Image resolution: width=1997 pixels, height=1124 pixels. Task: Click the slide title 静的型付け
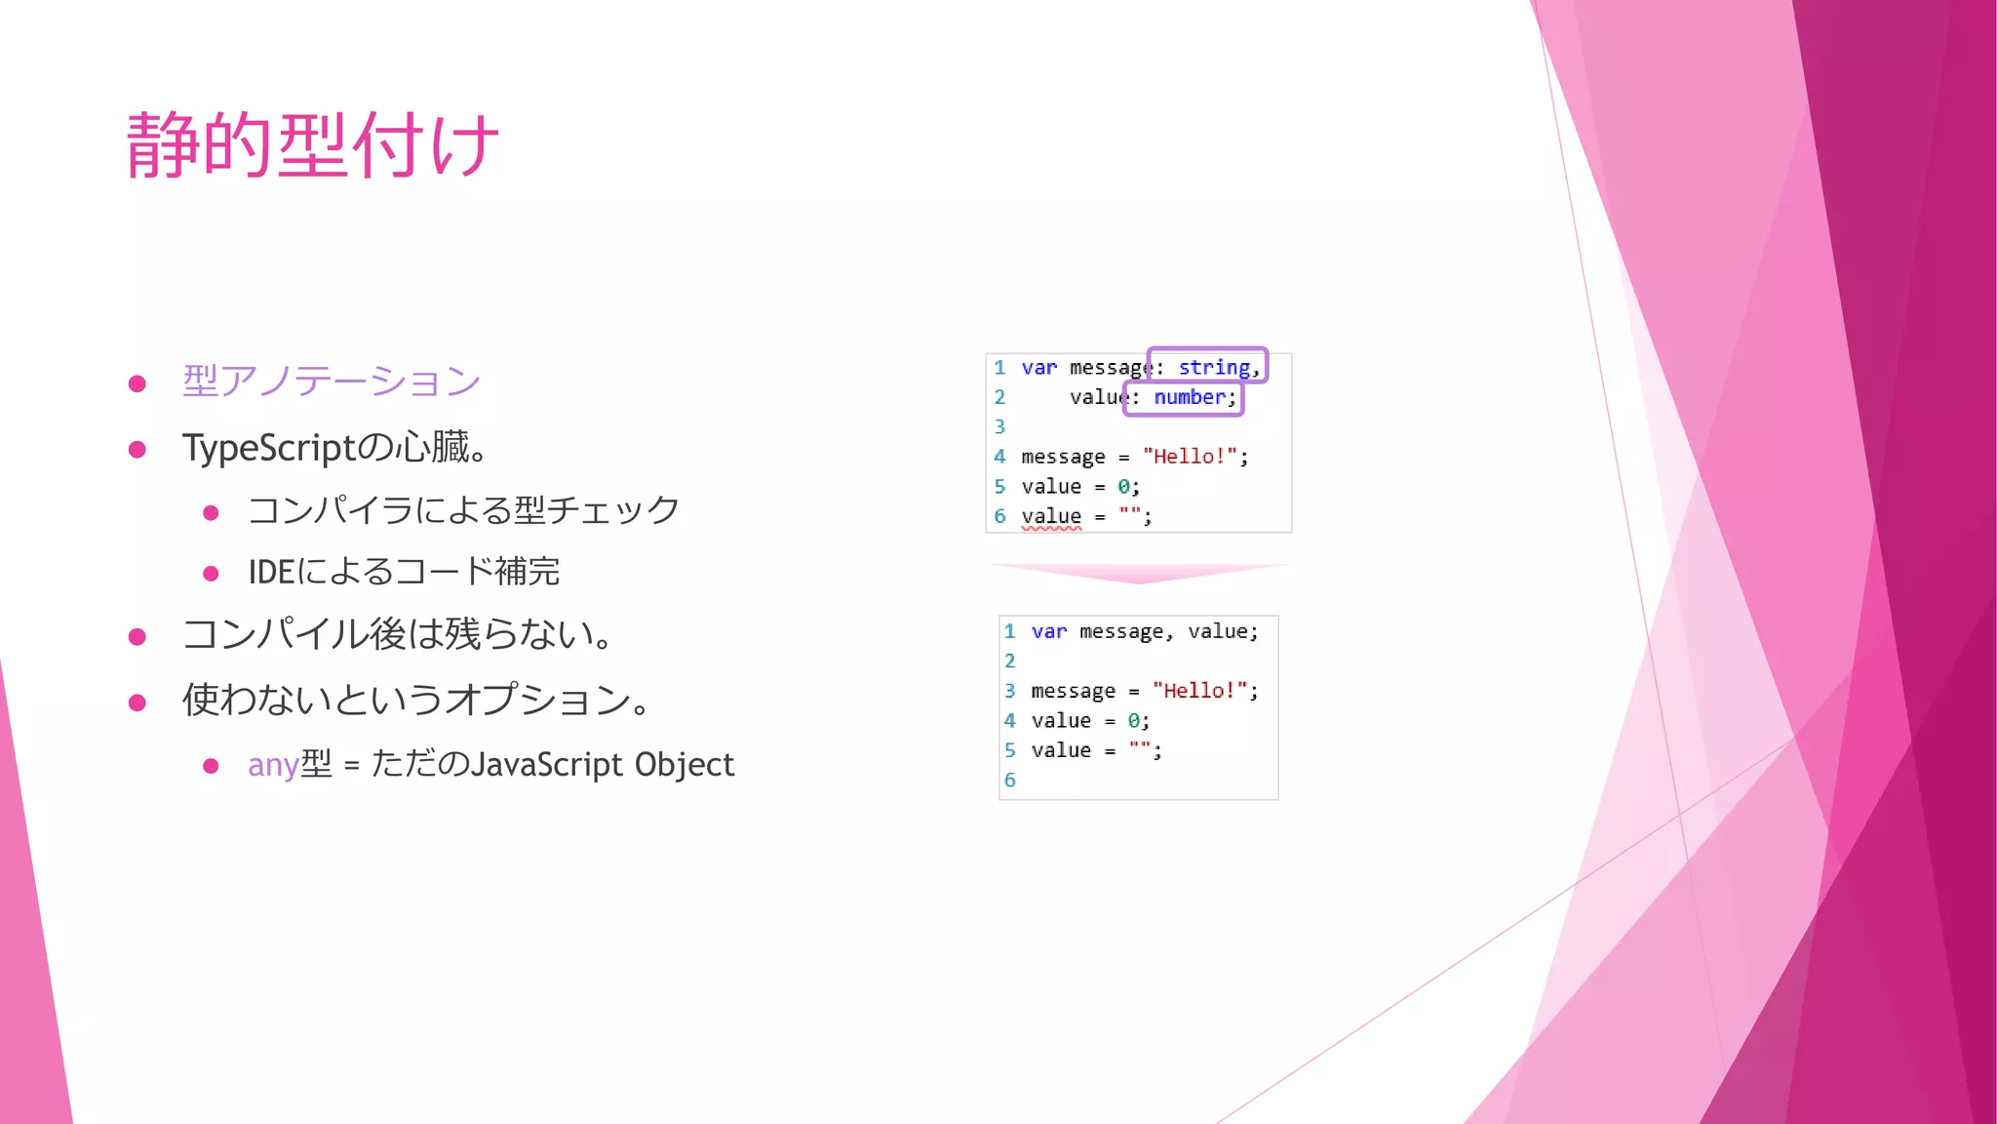[312, 145]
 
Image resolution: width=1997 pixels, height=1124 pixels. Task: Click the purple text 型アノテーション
[332, 381]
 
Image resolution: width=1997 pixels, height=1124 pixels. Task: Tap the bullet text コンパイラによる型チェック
[463, 510]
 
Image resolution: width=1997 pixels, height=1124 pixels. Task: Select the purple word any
[273, 764]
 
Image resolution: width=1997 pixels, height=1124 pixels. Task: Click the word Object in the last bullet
[684, 764]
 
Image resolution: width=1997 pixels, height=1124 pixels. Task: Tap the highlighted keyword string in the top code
[1214, 367]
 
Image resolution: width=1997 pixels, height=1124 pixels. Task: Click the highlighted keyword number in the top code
[1190, 397]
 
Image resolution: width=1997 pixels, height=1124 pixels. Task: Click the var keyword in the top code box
[1038, 368]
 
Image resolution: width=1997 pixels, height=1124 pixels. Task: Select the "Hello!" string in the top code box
[1190, 457]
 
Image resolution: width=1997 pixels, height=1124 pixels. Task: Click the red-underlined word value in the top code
[1051, 516]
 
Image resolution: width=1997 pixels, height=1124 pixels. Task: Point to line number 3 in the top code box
[999, 426]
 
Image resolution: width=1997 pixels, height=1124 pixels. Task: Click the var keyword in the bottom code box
[1049, 631]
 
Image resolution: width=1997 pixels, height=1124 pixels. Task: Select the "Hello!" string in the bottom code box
[1199, 691]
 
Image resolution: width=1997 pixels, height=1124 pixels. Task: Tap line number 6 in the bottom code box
[1010, 780]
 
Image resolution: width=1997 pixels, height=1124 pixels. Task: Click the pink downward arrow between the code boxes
[1139, 573]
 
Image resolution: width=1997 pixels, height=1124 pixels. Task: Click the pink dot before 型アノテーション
[137, 383]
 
